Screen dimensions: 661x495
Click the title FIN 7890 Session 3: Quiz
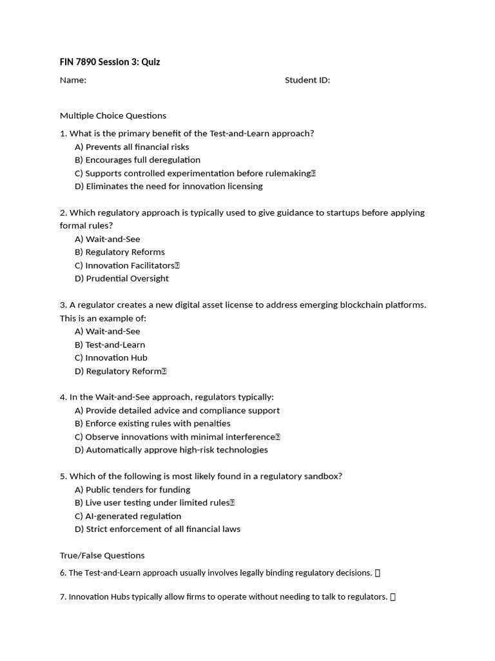tap(110, 62)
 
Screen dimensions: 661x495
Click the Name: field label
tap(73, 80)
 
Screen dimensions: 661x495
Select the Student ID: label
tap(307, 80)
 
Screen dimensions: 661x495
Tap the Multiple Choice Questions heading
tap(113, 116)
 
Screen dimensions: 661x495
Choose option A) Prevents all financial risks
tap(131, 147)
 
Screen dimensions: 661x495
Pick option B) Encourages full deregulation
tap(137, 159)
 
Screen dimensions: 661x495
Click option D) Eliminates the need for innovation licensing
tap(168, 186)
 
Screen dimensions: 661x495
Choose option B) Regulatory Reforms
tap(119, 252)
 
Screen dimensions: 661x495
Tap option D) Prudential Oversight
tap(121, 278)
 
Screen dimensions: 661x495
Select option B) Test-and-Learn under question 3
tap(110, 344)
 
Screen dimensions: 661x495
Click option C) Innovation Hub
tap(111, 358)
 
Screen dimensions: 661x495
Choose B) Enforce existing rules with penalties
tap(152, 423)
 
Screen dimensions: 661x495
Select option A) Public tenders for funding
tap(132, 489)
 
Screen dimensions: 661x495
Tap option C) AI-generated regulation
tap(128, 516)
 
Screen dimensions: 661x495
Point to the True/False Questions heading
tap(102, 555)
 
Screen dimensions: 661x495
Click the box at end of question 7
tap(393, 597)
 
